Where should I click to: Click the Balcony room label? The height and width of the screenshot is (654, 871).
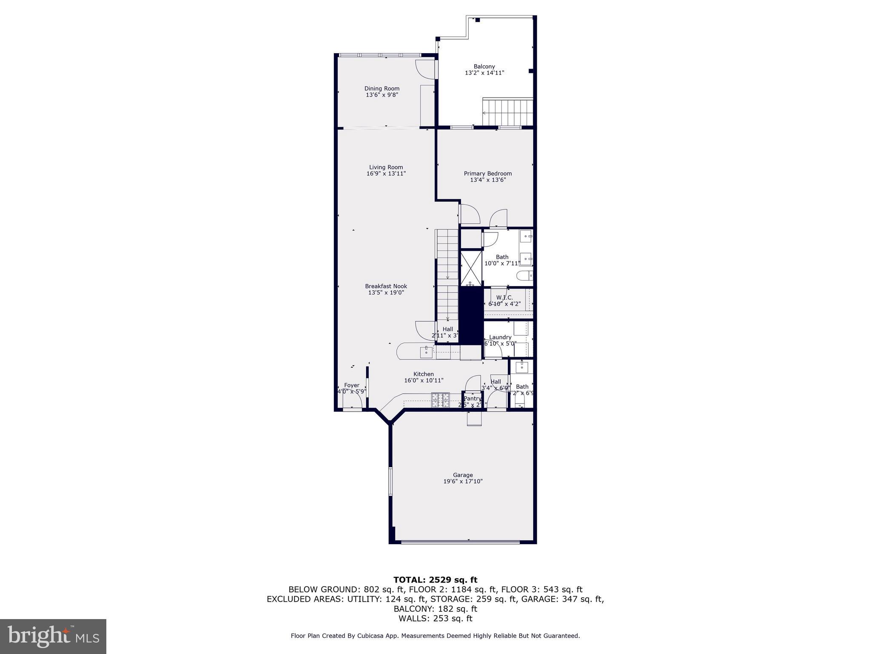click(484, 67)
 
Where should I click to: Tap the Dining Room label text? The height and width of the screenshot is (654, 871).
click(382, 89)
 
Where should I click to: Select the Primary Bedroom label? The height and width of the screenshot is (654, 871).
click(487, 173)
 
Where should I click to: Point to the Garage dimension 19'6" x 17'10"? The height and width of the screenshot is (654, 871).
click(463, 482)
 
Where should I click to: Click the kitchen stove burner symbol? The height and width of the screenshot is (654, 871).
click(440, 400)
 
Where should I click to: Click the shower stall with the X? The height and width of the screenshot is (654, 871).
click(471, 268)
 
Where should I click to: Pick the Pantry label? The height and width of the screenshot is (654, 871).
click(472, 399)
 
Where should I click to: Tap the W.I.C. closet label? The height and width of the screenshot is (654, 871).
click(504, 298)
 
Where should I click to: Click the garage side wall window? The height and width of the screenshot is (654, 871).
click(390, 482)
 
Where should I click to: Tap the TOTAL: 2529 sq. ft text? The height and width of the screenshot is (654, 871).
click(435, 580)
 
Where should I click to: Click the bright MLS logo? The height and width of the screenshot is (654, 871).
click(53, 636)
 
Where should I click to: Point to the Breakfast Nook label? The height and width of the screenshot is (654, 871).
click(386, 286)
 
